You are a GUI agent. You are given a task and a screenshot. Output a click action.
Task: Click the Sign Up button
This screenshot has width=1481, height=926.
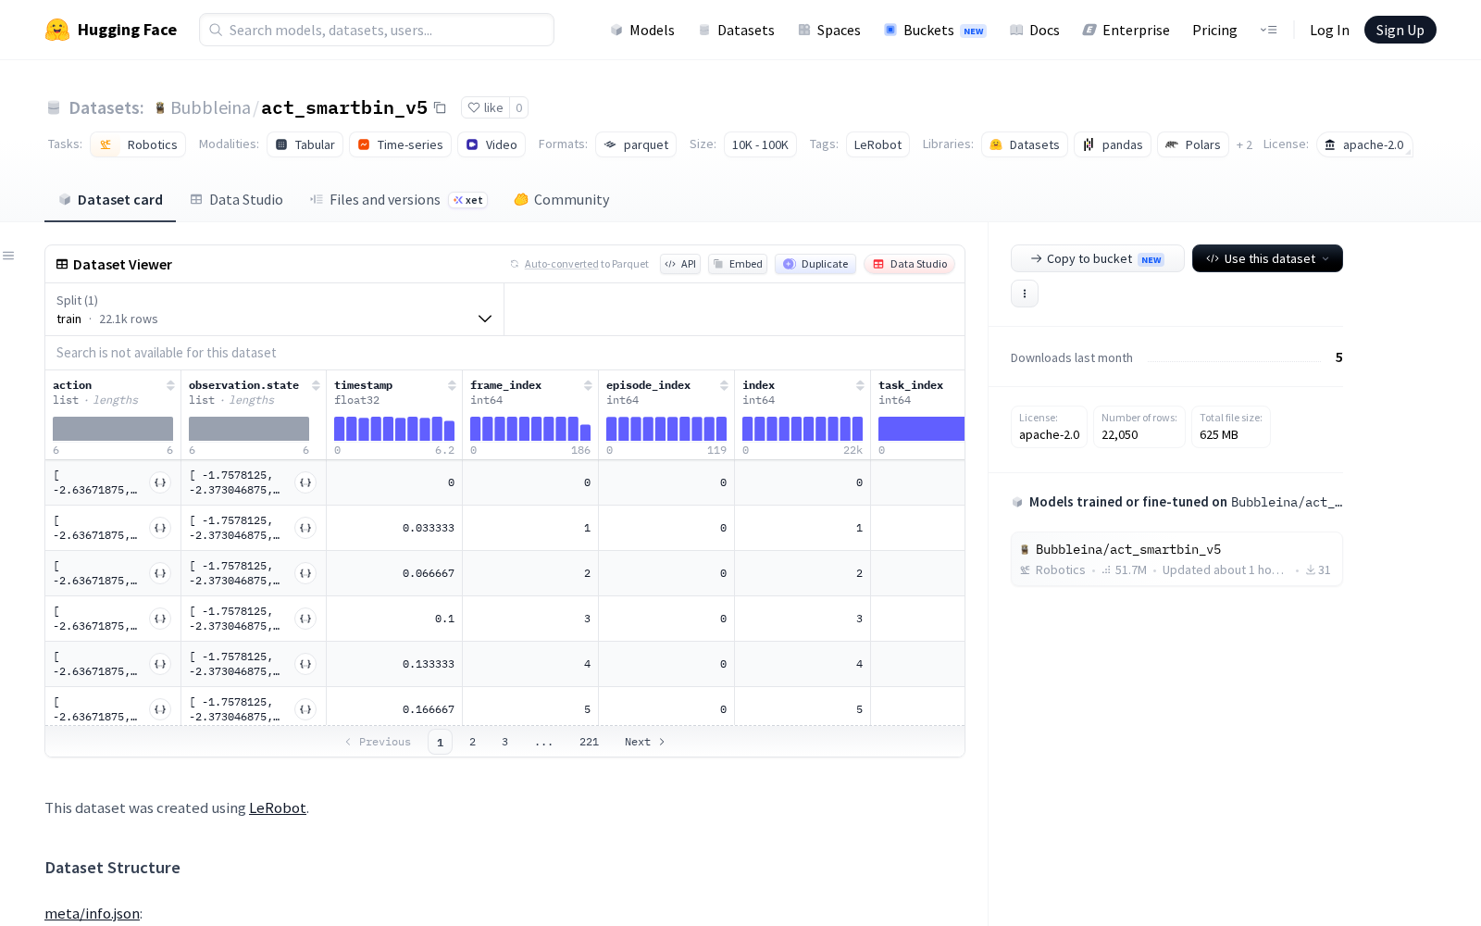pyautogui.click(x=1400, y=30)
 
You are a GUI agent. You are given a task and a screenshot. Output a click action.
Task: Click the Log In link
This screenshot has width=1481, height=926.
pyautogui.click(x=1329, y=30)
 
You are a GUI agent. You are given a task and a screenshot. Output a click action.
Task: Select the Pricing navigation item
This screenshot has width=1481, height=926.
pyautogui.click(x=1213, y=30)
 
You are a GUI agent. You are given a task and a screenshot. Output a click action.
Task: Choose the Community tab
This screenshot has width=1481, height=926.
pyautogui.click(x=561, y=200)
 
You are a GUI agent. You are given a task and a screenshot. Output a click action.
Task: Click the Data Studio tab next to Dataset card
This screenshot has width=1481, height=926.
pyautogui.click(x=236, y=200)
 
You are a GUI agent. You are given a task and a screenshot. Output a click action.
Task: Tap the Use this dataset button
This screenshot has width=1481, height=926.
pyautogui.click(x=1267, y=258)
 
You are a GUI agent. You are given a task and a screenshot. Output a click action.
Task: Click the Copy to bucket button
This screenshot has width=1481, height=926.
pyautogui.click(x=1097, y=258)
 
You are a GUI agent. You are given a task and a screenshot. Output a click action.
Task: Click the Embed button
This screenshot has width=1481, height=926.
pyautogui.click(x=738, y=264)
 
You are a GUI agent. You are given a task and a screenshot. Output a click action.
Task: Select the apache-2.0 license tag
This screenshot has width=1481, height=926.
pyautogui.click(x=1364, y=144)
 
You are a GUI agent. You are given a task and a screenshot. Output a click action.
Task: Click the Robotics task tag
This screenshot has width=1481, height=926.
pyautogui.click(x=138, y=144)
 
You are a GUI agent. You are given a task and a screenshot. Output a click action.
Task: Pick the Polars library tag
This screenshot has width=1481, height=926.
pyautogui.click(x=1193, y=144)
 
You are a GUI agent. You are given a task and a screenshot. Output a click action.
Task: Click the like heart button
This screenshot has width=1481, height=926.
pyautogui.click(x=485, y=107)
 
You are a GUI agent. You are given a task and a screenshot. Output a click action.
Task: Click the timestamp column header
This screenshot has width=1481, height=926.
pyautogui.click(x=363, y=385)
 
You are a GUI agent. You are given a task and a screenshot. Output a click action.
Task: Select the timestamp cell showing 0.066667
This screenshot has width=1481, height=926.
pyautogui.click(x=429, y=573)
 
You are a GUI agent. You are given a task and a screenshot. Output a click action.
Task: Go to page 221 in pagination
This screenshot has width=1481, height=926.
pyautogui.click(x=589, y=742)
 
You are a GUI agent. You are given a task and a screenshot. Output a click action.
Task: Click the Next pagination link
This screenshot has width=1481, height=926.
pyautogui.click(x=644, y=742)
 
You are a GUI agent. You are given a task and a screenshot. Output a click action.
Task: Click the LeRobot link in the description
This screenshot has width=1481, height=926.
pyautogui.click(x=277, y=808)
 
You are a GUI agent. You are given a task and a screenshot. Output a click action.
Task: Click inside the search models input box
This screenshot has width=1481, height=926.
pyautogui.click(x=377, y=30)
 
